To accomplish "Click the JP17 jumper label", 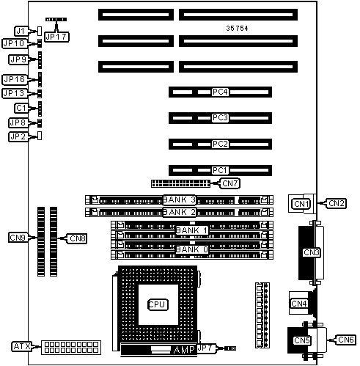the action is coord(56,37).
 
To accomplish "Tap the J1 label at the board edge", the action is coord(21,31).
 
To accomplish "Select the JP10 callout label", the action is coord(14,43).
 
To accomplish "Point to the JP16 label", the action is coord(15,79).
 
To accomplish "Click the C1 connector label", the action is coord(21,108).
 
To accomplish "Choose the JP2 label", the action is coord(18,136).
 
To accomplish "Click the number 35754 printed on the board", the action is coord(237,29).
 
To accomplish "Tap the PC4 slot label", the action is coord(220,92).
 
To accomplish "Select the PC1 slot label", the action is coord(220,170).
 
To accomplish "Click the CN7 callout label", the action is coord(230,183).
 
